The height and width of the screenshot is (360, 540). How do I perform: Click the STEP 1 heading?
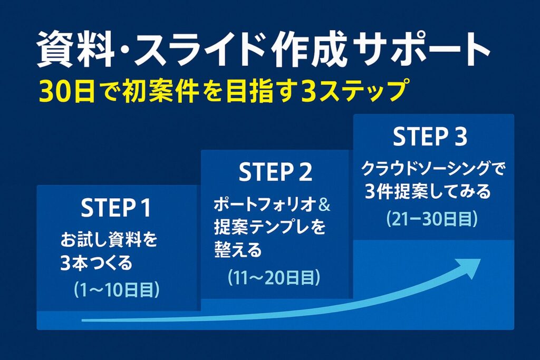116,208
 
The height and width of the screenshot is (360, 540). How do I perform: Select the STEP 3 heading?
430,137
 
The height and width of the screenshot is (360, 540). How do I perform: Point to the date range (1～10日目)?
117,290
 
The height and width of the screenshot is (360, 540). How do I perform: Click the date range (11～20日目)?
274,277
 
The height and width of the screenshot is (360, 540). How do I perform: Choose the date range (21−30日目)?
432,218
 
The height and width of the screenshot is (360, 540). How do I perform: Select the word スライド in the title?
201,49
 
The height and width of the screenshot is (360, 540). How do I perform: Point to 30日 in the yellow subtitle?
66,91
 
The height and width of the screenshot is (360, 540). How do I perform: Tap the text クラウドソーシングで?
433,169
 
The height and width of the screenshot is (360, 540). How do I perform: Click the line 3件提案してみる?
427,191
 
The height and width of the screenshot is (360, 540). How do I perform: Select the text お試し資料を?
109,239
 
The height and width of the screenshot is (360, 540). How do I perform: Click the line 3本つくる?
97,263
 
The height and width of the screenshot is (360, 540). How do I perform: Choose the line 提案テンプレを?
270,227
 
